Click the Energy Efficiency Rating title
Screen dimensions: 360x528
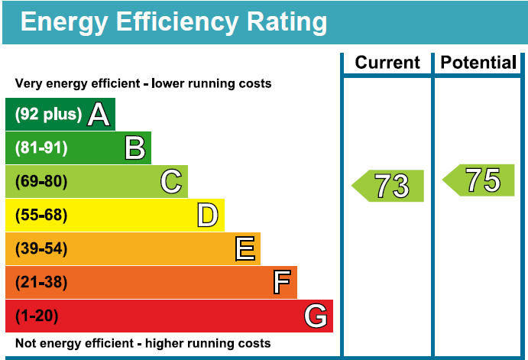tap(173, 21)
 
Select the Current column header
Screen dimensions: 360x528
tap(387, 63)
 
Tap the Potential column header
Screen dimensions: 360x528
tap(479, 63)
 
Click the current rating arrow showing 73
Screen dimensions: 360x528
tap(389, 186)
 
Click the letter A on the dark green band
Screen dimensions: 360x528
tap(99, 115)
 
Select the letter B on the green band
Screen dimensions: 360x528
tap(135, 148)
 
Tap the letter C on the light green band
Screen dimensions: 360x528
tap(171, 182)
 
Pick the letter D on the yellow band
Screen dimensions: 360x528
tap(207, 216)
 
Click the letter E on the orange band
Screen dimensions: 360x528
tap(245, 249)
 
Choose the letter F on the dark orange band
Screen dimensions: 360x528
tap(282, 283)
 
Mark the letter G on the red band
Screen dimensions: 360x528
tap(316, 316)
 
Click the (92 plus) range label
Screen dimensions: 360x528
tap(48, 115)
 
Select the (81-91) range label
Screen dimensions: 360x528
tap(41, 148)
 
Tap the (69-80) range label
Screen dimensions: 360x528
tap(41, 182)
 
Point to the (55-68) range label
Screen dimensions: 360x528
tap(41, 216)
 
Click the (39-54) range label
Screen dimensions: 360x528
tap(41, 249)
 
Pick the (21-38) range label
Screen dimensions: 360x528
tap(41, 283)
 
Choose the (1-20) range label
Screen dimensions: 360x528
tap(37, 316)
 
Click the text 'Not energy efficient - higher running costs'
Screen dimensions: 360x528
tap(143, 343)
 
